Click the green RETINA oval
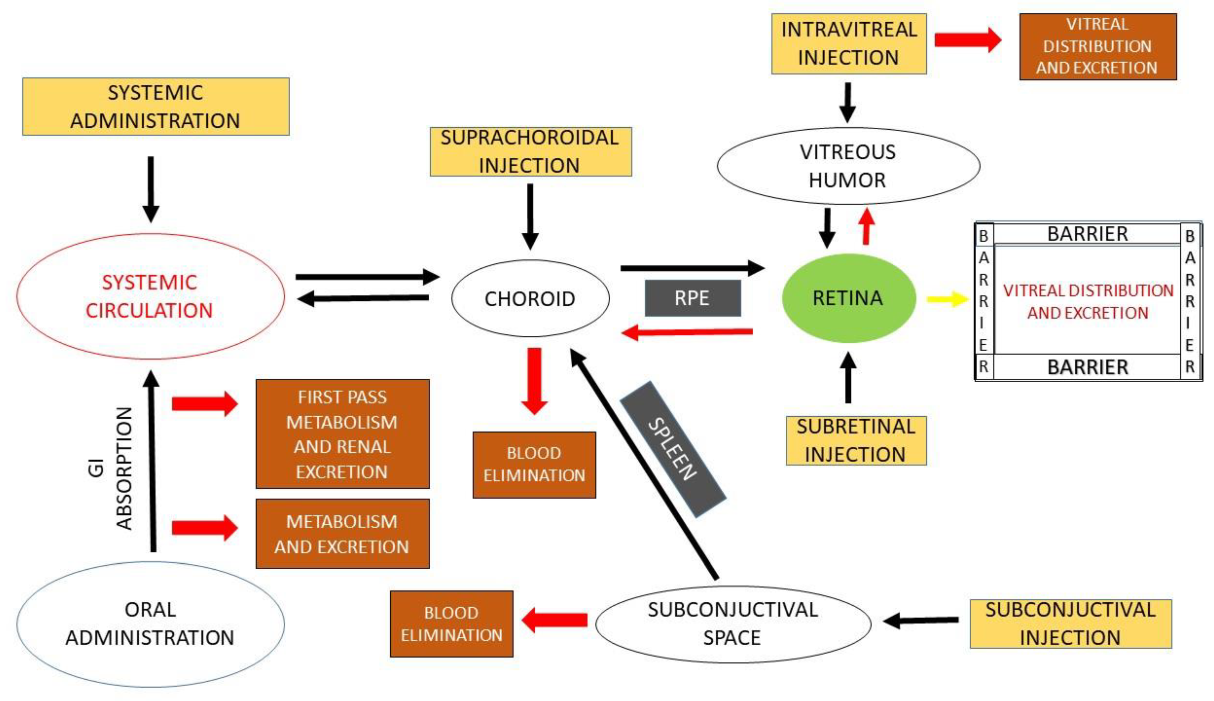click(x=848, y=298)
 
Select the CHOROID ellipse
click(x=530, y=298)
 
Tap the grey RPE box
click(x=692, y=298)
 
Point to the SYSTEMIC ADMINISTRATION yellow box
click(x=155, y=107)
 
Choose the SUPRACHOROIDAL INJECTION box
click(x=530, y=152)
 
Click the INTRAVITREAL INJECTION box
click(x=849, y=44)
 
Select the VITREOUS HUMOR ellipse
click(x=848, y=166)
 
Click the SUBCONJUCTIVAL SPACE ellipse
click(x=733, y=624)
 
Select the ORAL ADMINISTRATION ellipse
click(x=150, y=624)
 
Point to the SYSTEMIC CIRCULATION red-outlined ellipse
click(x=150, y=296)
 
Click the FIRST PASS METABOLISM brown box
click(x=342, y=434)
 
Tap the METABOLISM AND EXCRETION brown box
click(x=342, y=534)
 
